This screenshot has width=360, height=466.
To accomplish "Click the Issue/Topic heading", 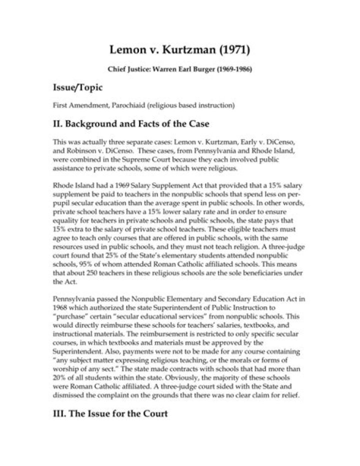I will pyautogui.click(x=77, y=88).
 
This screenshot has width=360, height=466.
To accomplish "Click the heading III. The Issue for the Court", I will pyautogui.click(x=110, y=414).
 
